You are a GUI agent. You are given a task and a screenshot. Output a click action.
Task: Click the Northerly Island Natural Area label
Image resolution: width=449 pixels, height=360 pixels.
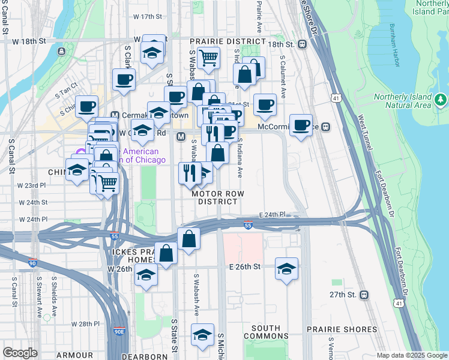coord(402,101)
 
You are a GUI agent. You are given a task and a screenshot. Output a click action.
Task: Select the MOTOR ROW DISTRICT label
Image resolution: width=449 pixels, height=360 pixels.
coord(215,198)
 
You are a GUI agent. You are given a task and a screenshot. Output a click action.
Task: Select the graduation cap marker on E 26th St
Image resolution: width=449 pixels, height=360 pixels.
coord(287,268)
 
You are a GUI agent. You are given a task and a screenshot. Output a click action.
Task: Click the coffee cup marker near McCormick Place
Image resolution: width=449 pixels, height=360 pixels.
coord(301,125)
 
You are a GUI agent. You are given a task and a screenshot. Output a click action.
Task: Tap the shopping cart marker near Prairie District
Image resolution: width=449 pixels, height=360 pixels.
coord(209,58)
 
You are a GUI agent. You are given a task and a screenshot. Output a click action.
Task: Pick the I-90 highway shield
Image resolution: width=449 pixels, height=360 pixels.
coord(32,263)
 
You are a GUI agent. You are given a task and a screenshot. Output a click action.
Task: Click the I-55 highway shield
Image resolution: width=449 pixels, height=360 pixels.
coord(249,226)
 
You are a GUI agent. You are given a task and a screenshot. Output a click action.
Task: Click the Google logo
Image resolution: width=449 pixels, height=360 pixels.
coord(19,353)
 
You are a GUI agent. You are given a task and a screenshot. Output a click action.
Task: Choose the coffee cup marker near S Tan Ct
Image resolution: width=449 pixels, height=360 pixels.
coord(86,106)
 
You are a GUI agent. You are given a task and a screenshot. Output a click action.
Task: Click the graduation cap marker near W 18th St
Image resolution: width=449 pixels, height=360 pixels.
coord(153,52)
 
